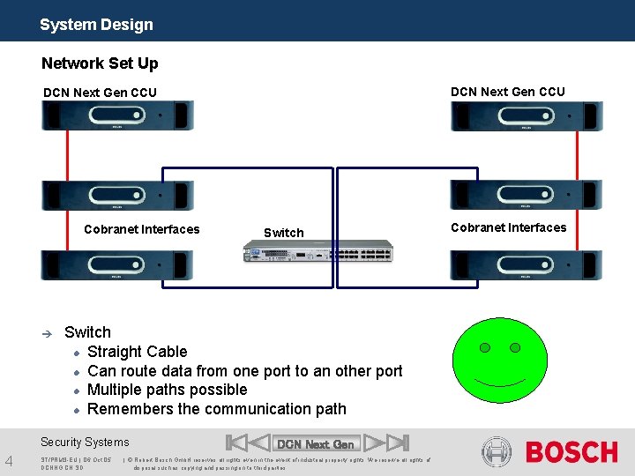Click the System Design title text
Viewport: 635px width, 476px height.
click(96, 25)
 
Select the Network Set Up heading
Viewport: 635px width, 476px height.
click(100, 63)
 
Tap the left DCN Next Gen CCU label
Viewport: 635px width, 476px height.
click(100, 93)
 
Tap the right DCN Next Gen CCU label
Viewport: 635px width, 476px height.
click(507, 92)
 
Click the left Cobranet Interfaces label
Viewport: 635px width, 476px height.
click(141, 229)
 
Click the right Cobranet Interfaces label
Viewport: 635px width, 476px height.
click(508, 227)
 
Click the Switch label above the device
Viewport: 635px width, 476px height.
click(283, 233)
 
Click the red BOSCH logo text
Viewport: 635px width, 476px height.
click(571, 452)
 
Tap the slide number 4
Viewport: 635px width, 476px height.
click(9, 459)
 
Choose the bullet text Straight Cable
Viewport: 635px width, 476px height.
click(138, 352)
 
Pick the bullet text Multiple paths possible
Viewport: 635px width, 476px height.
click(168, 390)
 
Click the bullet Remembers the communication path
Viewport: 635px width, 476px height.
click(217, 409)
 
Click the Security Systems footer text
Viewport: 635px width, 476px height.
click(85, 443)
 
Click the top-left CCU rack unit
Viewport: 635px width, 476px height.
click(117, 115)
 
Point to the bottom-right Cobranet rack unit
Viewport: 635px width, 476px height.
click(527, 264)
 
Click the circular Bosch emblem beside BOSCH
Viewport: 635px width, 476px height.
click(498, 452)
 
